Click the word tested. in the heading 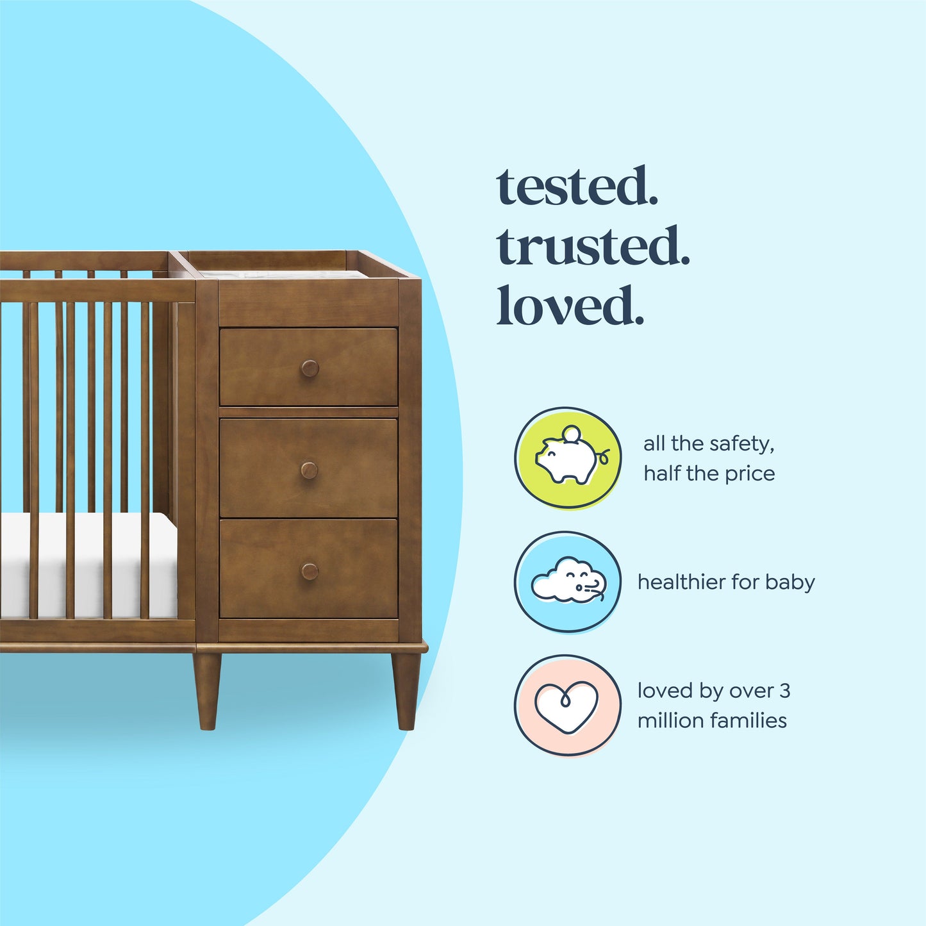point(577,186)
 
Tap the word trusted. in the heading point(593,247)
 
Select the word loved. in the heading point(570,306)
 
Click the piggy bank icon point(567,458)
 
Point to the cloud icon point(567,581)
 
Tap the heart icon point(567,705)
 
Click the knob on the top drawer point(310,368)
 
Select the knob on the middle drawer point(310,470)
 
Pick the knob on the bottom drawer point(310,571)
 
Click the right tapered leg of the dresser point(406,691)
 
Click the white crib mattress point(90,564)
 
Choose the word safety point(743,443)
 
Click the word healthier point(681,582)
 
